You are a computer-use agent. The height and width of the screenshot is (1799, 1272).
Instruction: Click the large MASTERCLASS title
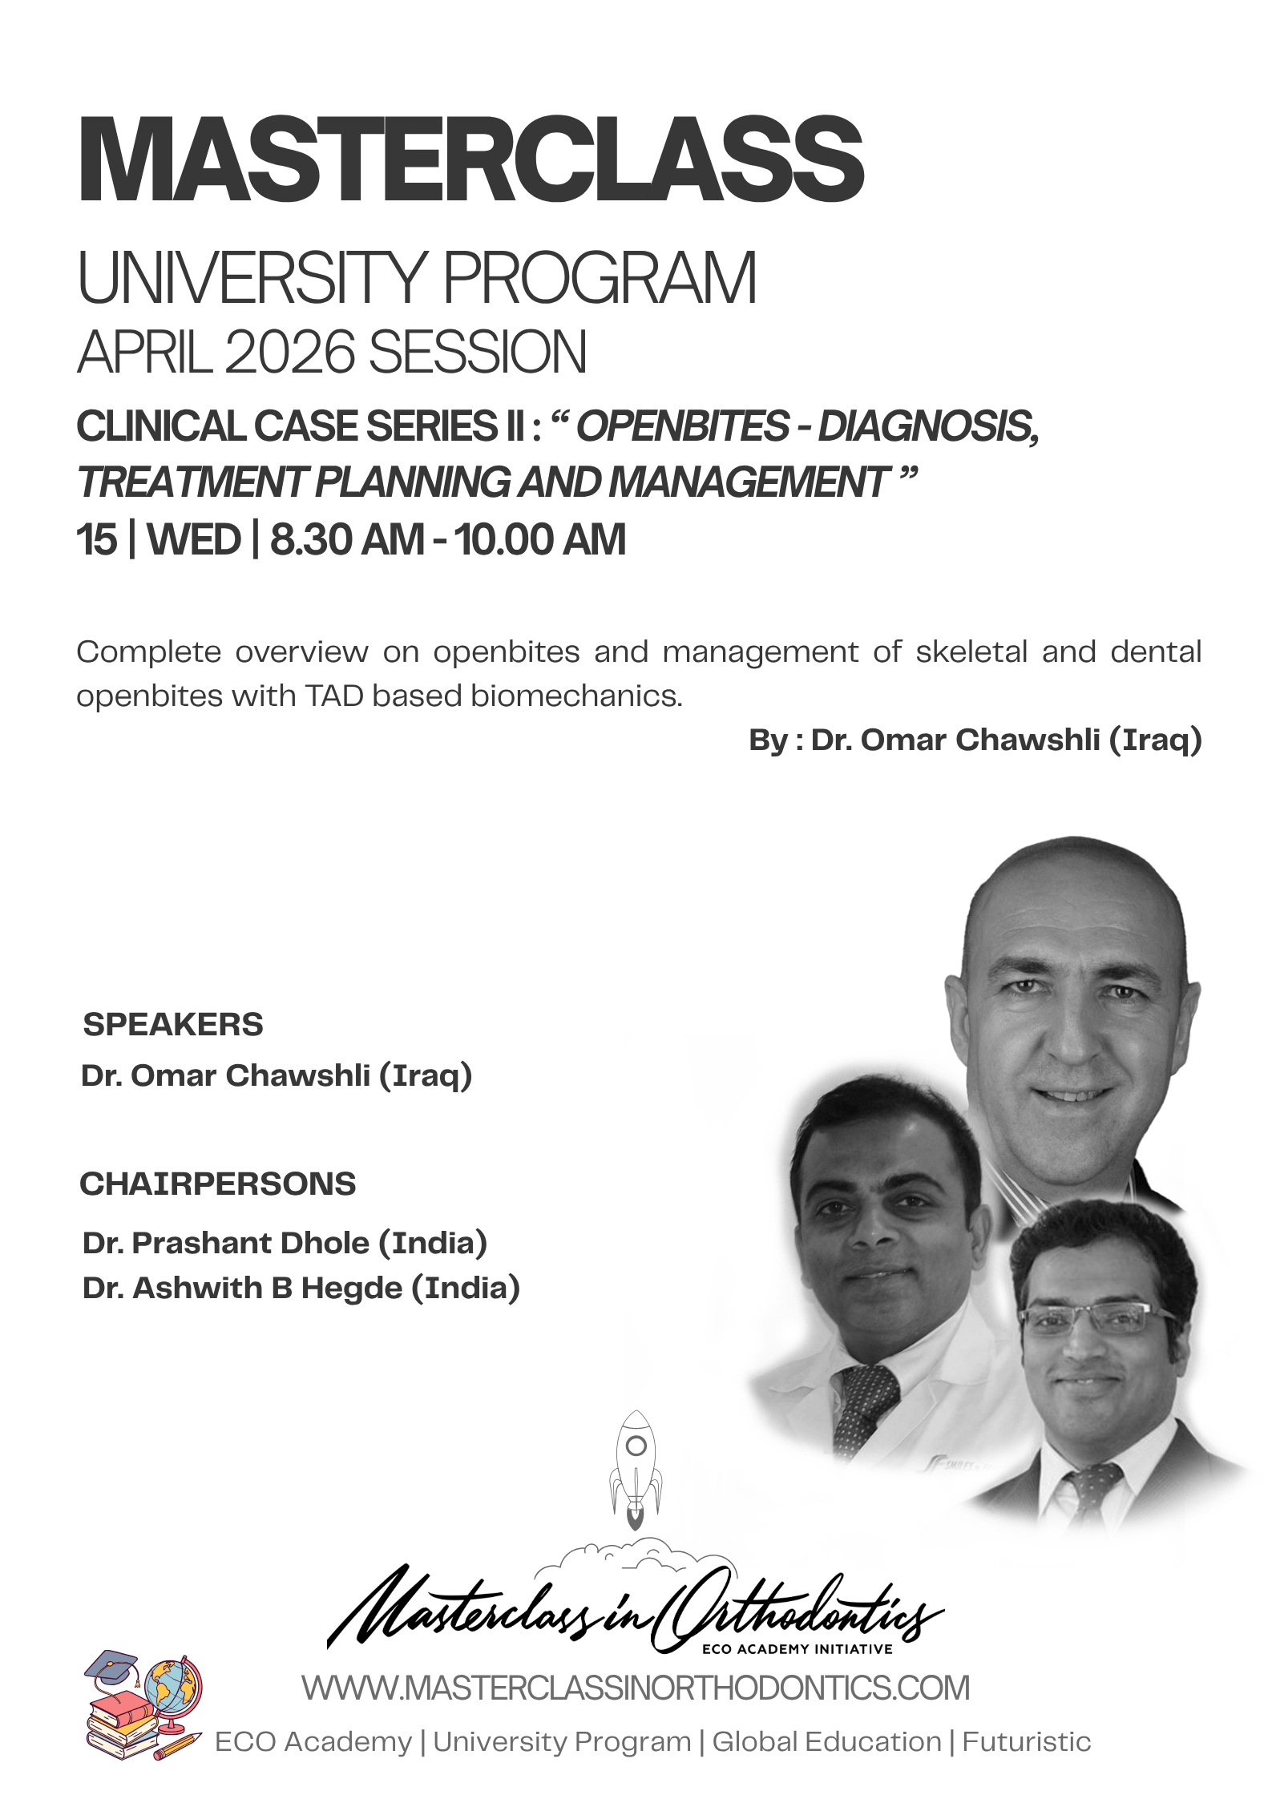pyautogui.click(x=471, y=159)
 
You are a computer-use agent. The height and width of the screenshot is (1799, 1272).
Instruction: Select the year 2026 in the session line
pyautogui.click(x=290, y=352)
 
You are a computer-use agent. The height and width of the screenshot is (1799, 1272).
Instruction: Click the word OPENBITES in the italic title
pyautogui.click(x=683, y=426)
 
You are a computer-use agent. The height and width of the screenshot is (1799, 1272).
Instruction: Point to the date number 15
pyautogui.click(x=96, y=538)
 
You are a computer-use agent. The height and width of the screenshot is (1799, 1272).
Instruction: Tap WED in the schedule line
pyautogui.click(x=194, y=538)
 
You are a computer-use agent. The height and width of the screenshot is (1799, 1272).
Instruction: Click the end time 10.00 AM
pyautogui.click(x=540, y=538)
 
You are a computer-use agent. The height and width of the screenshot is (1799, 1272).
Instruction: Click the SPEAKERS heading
pyautogui.click(x=173, y=1024)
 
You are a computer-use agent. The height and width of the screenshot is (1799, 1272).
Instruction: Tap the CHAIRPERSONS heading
pyautogui.click(x=218, y=1184)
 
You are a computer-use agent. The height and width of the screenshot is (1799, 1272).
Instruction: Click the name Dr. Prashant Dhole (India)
pyautogui.click(x=285, y=1243)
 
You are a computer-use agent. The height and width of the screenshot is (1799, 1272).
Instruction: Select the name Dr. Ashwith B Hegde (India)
pyautogui.click(x=301, y=1288)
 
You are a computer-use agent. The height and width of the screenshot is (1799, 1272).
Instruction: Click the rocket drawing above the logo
pyautogui.click(x=636, y=1470)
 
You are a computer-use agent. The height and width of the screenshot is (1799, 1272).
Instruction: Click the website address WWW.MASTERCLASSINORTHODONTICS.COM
pyautogui.click(x=636, y=1688)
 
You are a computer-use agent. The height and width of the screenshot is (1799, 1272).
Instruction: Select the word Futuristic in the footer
pyautogui.click(x=1027, y=1742)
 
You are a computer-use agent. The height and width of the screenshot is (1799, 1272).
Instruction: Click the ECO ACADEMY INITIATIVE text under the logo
pyautogui.click(x=798, y=1649)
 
